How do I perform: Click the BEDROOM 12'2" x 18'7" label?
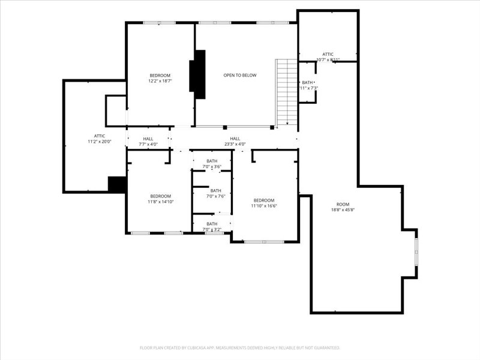tap(160, 78)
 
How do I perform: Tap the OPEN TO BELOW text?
tap(240, 75)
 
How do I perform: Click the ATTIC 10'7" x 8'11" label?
tap(328, 57)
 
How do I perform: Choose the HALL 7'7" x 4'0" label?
tap(148, 142)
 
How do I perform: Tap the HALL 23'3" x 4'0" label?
tap(235, 142)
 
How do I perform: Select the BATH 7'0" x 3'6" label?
tap(212, 163)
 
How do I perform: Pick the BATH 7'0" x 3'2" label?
tap(212, 226)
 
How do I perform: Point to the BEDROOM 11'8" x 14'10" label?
tap(160, 199)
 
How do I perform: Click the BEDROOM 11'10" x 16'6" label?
tap(263, 203)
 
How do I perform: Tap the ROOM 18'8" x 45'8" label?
tap(343, 207)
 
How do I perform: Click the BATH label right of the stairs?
tap(308, 85)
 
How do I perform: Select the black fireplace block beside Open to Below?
tap(198, 74)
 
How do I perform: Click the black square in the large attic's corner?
tap(116, 184)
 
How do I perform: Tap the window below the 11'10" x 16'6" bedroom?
tap(264, 242)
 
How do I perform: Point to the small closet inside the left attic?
tap(115, 110)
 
